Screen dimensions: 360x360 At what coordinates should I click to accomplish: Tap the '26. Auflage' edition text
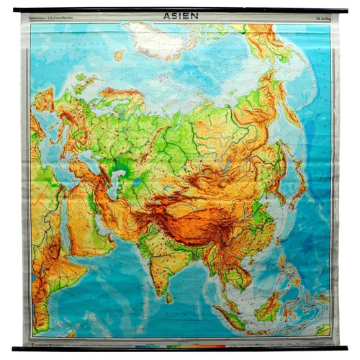coord(318,19)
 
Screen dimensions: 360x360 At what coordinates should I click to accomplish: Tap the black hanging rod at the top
coord(180,9)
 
